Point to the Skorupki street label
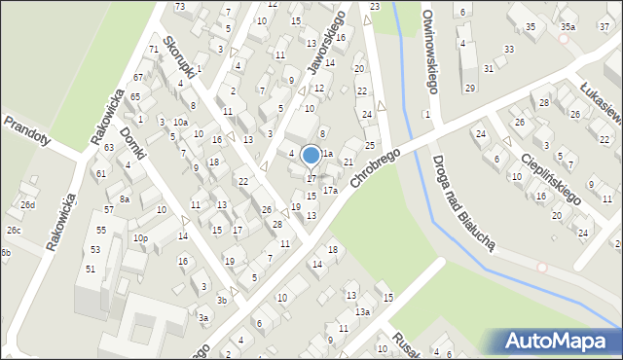[181, 58]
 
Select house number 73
[180, 7]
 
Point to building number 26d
[28, 205]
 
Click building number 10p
[140, 238]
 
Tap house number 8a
[124, 198]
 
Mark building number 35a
[567, 26]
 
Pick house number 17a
[330, 191]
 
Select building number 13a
[361, 311]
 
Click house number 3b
[222, 301]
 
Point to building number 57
[109, 209]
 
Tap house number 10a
[180, 122]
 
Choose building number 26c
[13, 231]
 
